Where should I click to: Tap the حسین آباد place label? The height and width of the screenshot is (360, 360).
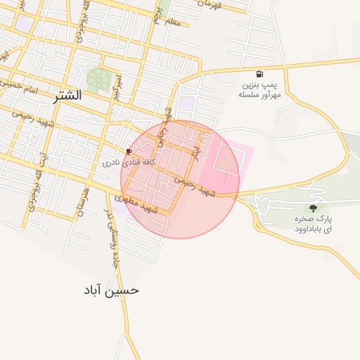click(111, 290)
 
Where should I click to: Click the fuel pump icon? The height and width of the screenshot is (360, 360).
click(260, 74)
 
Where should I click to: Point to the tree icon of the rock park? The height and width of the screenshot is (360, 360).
click(313, 207)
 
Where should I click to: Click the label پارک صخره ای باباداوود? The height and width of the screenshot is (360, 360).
click(314, 224)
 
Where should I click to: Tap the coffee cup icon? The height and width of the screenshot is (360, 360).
click(129, 151)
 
